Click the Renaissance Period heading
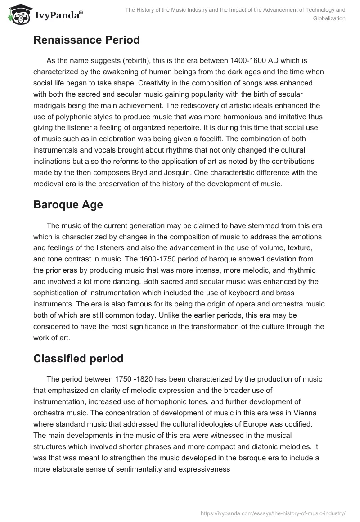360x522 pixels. tap(86, 40)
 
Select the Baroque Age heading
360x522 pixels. tap(68, 205)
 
